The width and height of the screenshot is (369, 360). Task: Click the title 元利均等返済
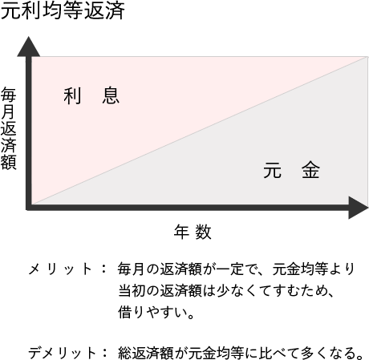(x=63, y=10)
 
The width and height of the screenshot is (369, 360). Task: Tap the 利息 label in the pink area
(x=91, y=96)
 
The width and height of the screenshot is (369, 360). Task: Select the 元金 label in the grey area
(x=291, y=170)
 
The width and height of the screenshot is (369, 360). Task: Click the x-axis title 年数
(x=193, y=232)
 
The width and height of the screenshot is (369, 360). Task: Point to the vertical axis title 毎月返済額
(x=9, y=128)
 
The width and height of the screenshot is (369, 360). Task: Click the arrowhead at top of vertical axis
(x=29, y=47)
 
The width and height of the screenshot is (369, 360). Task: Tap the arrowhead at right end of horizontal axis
(x=358, y=208)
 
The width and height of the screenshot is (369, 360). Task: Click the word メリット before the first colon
(x=60, y=269)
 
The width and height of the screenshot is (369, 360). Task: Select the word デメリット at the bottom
(x=62, y=353)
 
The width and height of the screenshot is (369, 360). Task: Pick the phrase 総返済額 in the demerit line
(x=146, y=353)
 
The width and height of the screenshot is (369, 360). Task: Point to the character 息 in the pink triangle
(x=111, y=96)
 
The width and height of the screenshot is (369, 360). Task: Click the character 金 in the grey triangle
(x=310, y=170)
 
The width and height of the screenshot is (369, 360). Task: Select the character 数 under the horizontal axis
(x=203, y=232)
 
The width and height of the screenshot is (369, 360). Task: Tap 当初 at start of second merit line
(x=132, y=290)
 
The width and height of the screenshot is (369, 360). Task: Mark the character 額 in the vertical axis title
(x=9, y=162)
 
